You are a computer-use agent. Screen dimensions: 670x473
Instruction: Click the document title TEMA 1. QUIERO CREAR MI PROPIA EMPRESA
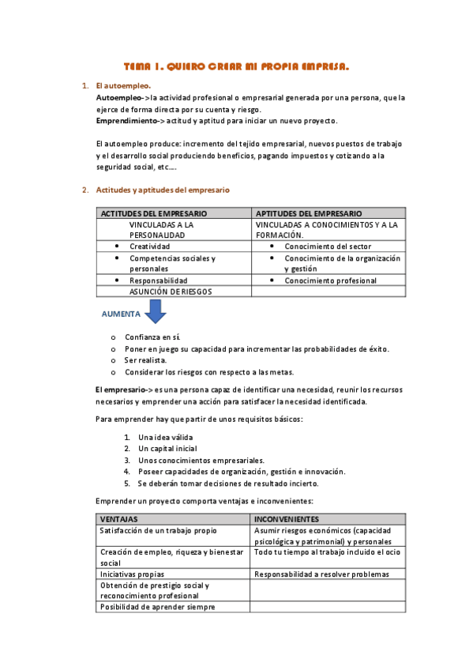point(237,67)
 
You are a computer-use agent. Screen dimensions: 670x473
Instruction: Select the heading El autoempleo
point(122,85)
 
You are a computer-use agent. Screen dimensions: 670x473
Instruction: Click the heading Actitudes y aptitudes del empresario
point(163,190)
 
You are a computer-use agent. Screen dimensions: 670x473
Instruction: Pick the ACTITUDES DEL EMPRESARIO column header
point(154,213)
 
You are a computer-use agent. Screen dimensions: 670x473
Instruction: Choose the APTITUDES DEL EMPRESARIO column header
point(310,213)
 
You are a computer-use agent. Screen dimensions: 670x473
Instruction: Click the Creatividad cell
point(150,247)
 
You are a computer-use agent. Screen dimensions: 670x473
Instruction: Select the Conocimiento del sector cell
point(328,247)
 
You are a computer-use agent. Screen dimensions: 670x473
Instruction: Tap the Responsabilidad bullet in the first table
point(159,280)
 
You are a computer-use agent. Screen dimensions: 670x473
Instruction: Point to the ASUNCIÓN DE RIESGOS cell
point(171,292)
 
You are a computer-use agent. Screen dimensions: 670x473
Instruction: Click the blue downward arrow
point(156,312)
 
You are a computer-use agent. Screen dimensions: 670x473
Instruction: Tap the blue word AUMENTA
point(121,314)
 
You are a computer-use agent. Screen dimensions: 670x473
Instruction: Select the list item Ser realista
point(146,360)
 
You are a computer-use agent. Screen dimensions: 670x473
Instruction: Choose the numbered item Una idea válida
point(165,437)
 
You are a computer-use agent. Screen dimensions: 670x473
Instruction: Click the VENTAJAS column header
point(119,519)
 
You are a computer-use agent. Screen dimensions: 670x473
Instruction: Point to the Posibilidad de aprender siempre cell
point(157,607)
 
